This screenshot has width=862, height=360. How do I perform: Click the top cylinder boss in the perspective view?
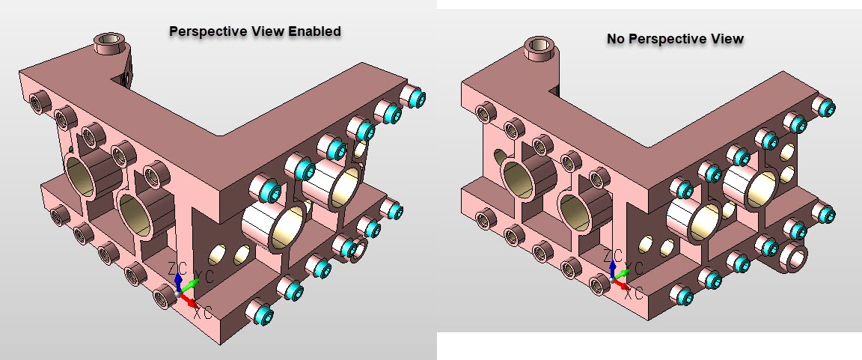(109, 43)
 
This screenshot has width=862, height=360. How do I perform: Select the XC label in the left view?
(202, 312)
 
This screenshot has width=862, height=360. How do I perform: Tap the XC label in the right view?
(635, 293)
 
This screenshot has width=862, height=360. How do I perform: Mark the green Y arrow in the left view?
(190, 284)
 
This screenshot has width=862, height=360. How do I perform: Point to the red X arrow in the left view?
(191, 302)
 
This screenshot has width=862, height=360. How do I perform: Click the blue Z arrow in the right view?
(614, 268)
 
